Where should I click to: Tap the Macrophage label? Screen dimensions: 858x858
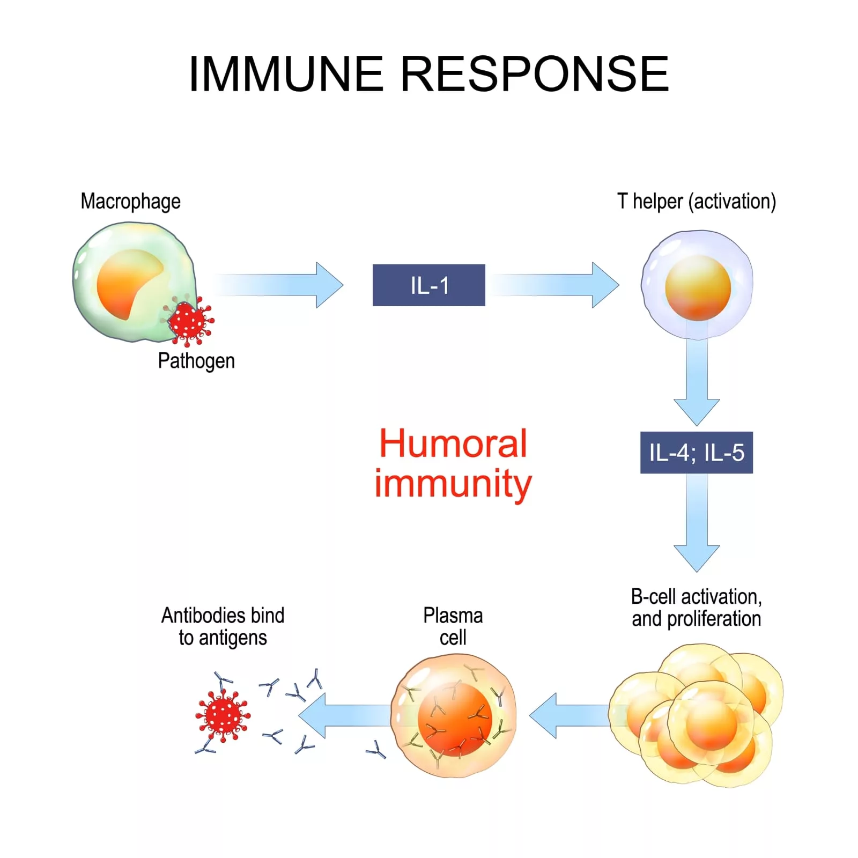tap(130, 202)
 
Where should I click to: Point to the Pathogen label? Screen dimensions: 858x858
tap(196, 361)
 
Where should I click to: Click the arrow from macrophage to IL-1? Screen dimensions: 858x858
tap(279, 285)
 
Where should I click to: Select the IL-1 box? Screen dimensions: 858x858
tap(428, 285)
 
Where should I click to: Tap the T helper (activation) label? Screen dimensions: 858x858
tap(696, 202)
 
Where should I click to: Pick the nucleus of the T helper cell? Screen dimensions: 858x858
tap(698, 288)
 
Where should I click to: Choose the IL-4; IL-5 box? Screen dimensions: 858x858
tap(696, 453)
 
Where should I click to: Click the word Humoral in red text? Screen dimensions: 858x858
tap(453, 444)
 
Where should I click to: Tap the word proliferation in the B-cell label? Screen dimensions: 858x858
tap(713, 619)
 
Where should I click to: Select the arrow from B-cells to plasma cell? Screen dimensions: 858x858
tap(568, 715)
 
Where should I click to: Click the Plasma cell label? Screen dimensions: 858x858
tap(453, 626)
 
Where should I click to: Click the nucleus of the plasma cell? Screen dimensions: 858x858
tap(455, 719)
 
